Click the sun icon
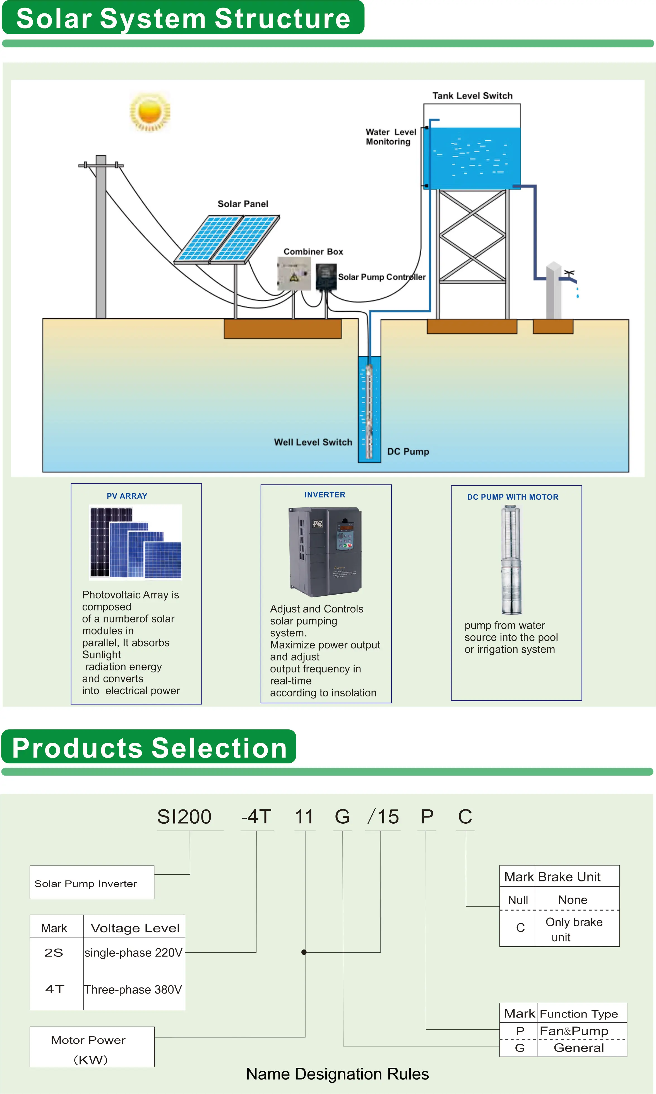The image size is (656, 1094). pos(150,112)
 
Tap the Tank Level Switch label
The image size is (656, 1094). pos(472,96)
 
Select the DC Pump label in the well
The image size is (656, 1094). pos(408,451)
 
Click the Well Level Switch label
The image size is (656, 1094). pos(313,442)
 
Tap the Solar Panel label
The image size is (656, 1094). pos(243,204)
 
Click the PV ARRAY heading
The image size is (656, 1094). pos(127,496)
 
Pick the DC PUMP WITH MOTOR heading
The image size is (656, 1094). pos(512,497)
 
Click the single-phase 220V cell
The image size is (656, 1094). pos(133,953)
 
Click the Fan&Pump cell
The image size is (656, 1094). pos(574,1031)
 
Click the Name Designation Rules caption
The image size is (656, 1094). pos(337,1074)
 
